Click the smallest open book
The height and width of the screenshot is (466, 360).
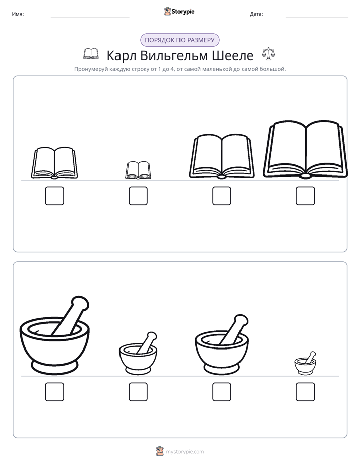(x=138, y=170)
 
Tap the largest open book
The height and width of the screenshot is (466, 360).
(x=306, y=149)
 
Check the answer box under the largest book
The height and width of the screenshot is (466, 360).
(x=306, y=196)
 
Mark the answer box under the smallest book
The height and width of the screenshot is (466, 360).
(x=138, y=196)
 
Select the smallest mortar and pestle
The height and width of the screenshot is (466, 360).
(x=306, y=363)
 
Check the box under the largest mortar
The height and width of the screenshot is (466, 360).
(x=54, y=392)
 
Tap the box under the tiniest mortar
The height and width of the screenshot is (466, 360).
(x=306, y=392)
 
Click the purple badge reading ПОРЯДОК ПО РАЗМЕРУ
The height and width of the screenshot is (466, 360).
(x=179, y=40)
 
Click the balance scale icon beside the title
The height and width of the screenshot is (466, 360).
(x=269, y=53)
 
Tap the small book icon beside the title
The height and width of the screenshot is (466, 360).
(x=91, y=54)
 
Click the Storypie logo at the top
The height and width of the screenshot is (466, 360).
(x=179, y=11)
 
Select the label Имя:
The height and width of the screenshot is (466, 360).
(x=18, y=14)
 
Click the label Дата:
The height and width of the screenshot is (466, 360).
(x=256, y=14)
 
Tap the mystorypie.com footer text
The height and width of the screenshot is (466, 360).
(x=185, y=452)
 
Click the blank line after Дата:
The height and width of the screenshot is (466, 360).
(x=317, y=17)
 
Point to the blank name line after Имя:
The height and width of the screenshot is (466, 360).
(x=90, y=17)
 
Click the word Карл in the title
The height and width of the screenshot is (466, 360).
(x=121, y=55)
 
